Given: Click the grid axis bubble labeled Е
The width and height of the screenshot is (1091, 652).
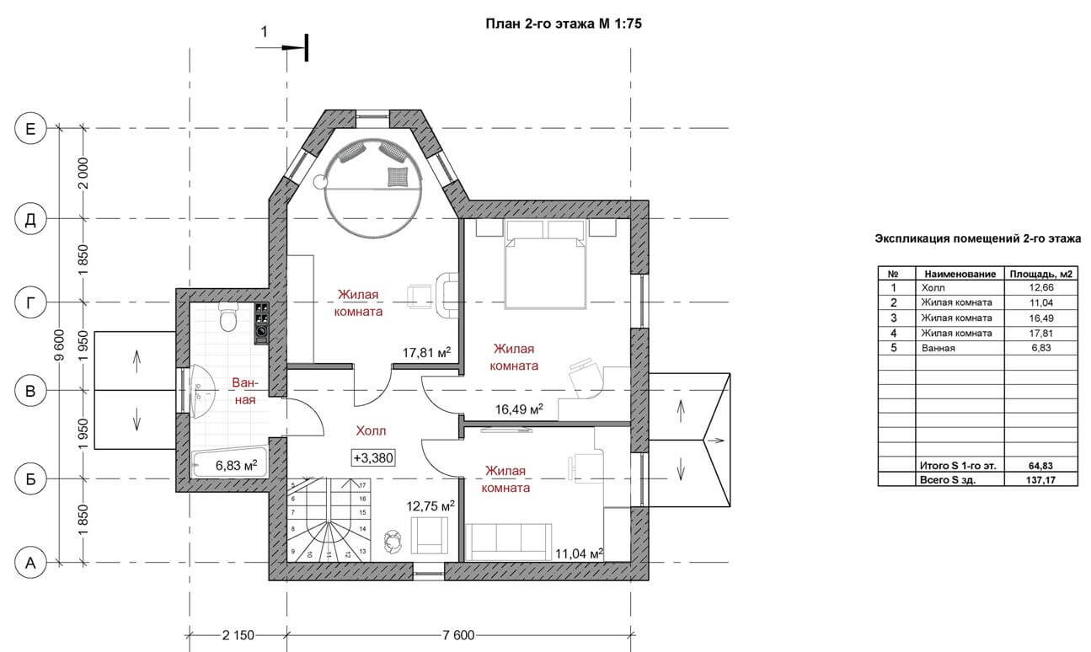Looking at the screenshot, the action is point(30,129).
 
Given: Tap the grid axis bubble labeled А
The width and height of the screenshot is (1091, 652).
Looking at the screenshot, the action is point(30,564).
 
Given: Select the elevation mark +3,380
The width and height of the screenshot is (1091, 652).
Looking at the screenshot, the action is point(373,458).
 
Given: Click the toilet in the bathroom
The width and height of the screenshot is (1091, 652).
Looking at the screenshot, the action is point(228,317).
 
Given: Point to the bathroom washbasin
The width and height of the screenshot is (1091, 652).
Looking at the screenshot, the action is point(201,392).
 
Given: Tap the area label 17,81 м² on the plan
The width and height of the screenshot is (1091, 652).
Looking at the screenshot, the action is point(426,352).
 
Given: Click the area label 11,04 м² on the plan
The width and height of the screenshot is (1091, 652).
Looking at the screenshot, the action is point(579,553).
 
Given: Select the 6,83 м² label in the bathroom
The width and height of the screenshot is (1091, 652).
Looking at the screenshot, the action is point(236,466).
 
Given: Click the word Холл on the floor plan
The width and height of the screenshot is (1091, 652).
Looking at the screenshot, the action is point(371,431).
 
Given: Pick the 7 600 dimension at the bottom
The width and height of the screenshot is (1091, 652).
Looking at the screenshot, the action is point(457,635).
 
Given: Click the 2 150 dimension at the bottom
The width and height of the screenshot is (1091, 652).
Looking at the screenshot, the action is point(238,635).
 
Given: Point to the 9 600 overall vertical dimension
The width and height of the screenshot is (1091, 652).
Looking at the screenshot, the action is point(59,345).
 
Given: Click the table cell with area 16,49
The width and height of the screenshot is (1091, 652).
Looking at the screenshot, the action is point(1040,318).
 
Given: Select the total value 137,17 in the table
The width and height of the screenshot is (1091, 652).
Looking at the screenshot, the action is point(1040,480).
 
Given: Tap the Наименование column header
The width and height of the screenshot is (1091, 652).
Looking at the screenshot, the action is point(960,274).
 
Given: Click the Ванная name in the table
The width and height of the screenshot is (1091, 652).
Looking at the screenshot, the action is point(938,348).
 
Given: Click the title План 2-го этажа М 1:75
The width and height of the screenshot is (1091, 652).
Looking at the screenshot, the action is point(564,24).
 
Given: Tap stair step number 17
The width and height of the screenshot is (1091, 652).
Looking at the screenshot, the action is point(362,485).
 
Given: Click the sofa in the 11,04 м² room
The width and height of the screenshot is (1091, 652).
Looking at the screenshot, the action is point(509,542).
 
